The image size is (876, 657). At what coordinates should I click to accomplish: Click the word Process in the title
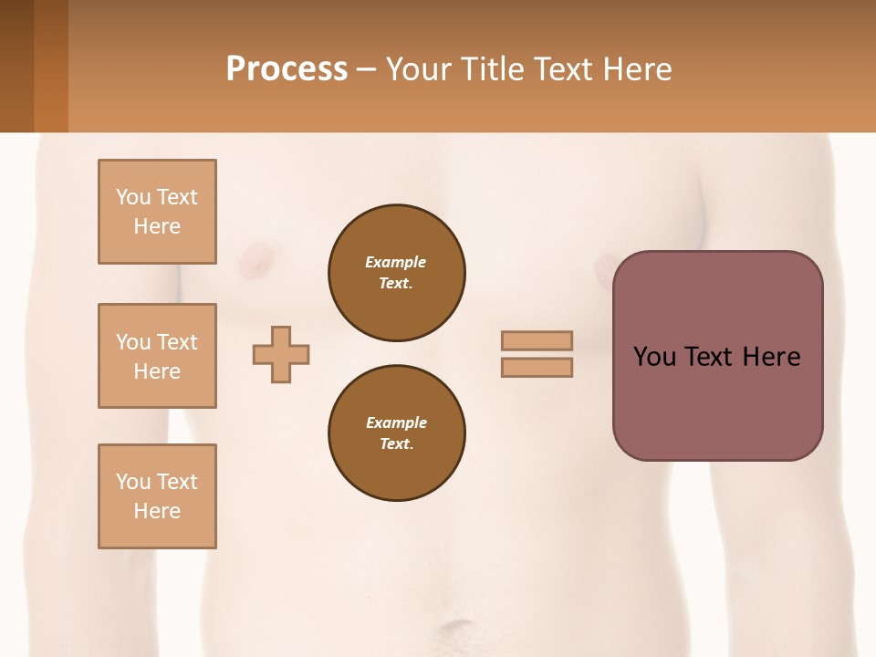pyautogui.click(x=287, y=69)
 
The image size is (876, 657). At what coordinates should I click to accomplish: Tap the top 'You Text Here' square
pyautogui.click(x=157, y=212)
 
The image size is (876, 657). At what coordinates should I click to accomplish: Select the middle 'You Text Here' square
pyautogui.click(x=157, y=356)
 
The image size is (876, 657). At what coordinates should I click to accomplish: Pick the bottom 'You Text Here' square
pyautogui.click(x=157, y=496)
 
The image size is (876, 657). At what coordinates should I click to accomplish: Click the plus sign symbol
pyautogui.click(x=281, y=354)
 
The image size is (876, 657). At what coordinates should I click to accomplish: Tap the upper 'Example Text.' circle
pyautogui.click(x=396, y=273)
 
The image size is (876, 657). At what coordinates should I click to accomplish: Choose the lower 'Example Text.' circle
pyautogui.click(x=396, y=433)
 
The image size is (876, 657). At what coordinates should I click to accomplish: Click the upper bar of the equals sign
pyautogui.click(x=537, y=340)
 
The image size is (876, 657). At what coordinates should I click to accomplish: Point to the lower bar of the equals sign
pyautogui.click(x=537, y=368)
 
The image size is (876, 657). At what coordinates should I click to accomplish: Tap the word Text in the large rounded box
pyautogui.click(x=710, y=357)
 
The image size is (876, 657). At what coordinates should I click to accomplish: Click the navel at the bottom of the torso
pyautogui.click(x=454, y=630)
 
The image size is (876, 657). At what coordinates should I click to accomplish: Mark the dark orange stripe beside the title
pyautogui.click(x=50, y=66)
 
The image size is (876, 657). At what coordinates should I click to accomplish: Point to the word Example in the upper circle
pyautogui.click(x=395, y=262)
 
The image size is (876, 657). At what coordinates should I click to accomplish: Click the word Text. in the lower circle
pyautogui.click(x=396, y=444)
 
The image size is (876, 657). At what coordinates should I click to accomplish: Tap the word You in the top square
pyautogui.click(x=133, y=197)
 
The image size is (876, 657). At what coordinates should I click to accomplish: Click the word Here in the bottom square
pyautogui.click(x=157, y=511)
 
